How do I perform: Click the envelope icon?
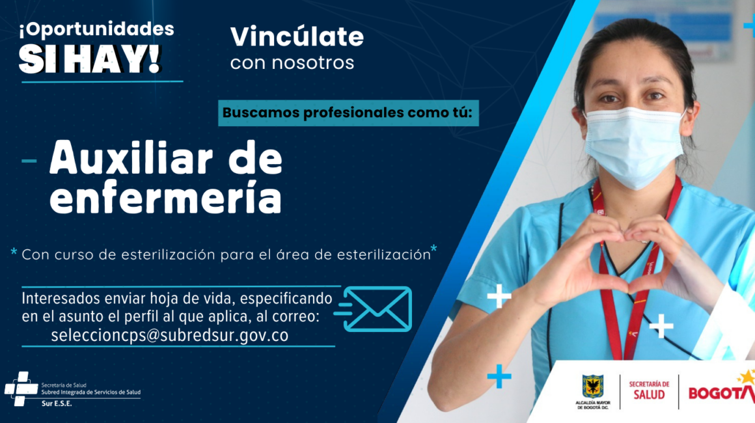tap(378, 309)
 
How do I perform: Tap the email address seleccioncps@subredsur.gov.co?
tap(169, 335)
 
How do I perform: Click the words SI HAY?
tap(90, 59)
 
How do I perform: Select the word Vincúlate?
tap(297, 36)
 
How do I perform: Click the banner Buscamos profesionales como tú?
tap(348, 113)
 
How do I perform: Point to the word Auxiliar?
tap(130, 158)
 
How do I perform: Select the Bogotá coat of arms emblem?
tap(593, 387)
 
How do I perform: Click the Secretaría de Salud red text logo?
tap(649, 390)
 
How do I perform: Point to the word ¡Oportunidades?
tap(96, 29)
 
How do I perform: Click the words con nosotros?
tap(292, 62)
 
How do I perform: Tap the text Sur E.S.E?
tap(57, 403)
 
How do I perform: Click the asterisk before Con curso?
tap(14, 252)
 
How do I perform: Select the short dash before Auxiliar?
tap(29, 161)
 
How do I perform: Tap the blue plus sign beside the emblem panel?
tap(499, 376)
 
